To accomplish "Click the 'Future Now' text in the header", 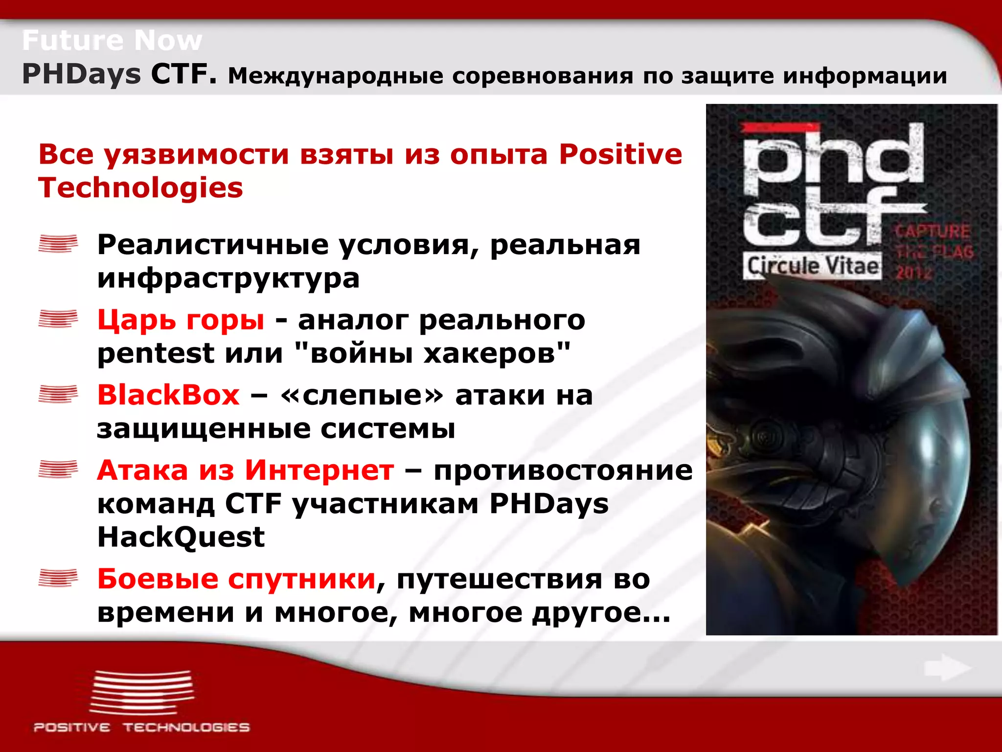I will (x=112, y=40).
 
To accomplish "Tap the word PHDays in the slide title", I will (x=82, y=74).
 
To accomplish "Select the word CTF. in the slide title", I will (x=183, y=74).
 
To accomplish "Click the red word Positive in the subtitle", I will (x=620, y=154).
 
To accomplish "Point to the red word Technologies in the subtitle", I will (x=140, y=188).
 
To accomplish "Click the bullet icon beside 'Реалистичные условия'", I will (x=58, y=243).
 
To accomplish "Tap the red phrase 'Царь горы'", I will (x=181, y=320).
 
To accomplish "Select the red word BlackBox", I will (x=168, y=395).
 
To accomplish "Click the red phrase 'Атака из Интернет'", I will (x=245, y=470).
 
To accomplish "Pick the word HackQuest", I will (x=181, y=537).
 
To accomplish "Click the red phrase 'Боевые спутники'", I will (x=236, y=579).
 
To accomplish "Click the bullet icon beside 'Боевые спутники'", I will (x=58, y=578).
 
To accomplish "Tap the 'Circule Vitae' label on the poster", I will (x=813, y=266).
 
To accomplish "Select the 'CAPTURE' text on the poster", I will (x=932, y=231).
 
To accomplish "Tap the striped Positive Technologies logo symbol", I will (x=142, y=693).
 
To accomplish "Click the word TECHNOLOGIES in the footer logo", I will (x=186, y=728).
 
